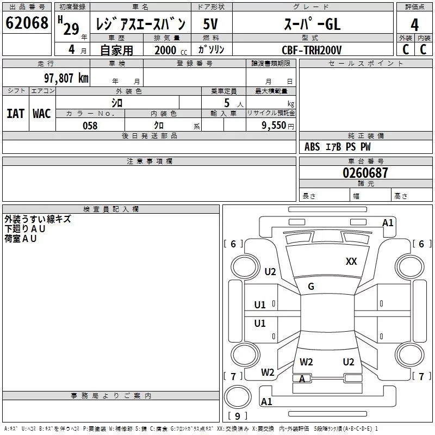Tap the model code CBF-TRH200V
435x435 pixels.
(x=312, y=50)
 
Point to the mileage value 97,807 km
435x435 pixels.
(x=66, y=78)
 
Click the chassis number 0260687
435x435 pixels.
(x=365, y=173)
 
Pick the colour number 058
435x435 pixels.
(x=90, y=126)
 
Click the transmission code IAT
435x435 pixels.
(x=15, y=114)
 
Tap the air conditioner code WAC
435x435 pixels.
(x=41, y=114)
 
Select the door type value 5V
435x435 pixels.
(x=211, y=24)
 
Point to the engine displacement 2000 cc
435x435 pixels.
(x=167, y=50)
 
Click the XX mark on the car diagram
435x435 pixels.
(x=351, y=262)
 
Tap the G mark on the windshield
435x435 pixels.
(x=311, y=287)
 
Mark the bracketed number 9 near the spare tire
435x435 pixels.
(x=237, y=416)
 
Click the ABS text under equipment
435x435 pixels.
(x=312, y=147)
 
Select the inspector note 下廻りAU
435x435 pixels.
(x=25, y=229)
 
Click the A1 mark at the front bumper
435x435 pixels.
(x=388, y=222)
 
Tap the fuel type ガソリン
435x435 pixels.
(x=211, y=50)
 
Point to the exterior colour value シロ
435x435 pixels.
(x=117, y=102)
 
